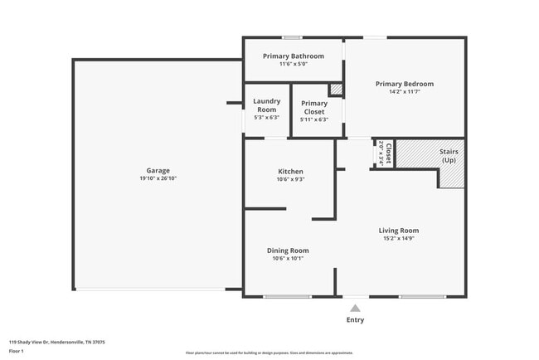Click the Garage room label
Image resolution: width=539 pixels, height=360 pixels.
158,170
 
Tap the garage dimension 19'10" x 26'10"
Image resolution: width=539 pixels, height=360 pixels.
158,178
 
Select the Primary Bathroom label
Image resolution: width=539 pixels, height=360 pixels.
293,56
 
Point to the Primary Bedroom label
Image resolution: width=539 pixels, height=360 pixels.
404,84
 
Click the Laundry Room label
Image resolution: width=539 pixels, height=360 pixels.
266,105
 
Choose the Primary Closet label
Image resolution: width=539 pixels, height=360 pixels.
313,107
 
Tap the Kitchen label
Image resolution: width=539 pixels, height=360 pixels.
290,172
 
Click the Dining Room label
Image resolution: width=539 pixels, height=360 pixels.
288,251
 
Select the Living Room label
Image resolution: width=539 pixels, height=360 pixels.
399,231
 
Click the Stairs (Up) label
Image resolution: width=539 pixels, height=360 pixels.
449,156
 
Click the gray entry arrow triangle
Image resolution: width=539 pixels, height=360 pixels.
355,308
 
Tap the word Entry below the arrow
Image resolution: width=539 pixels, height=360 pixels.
355,319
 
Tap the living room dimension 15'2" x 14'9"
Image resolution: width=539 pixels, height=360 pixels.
399,239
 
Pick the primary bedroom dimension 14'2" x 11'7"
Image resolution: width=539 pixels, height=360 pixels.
404,92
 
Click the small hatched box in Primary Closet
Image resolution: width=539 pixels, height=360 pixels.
336,90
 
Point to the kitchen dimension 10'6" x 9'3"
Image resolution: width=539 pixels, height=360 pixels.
290,179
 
